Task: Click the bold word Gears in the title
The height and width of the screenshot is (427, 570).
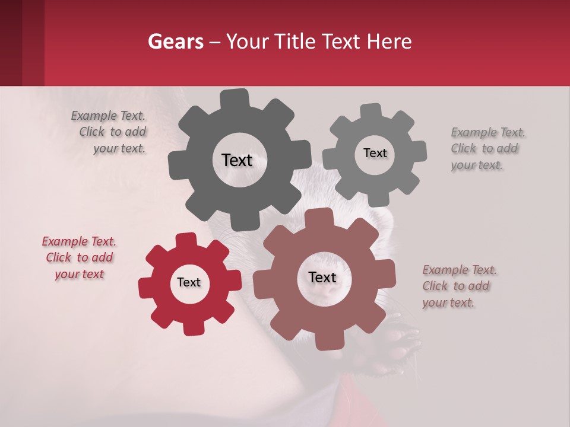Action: (176, 42)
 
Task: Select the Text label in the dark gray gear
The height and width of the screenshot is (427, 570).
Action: (237, 160)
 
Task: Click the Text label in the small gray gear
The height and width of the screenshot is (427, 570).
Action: (375, 153)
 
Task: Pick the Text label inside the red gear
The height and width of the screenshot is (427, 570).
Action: (189, 283)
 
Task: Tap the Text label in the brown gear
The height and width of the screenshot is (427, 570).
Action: (322, 278)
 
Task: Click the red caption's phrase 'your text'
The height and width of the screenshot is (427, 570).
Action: (80, 274)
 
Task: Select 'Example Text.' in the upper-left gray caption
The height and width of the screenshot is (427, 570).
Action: (108, 116)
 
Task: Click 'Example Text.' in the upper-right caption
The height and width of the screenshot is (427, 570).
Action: (488, 132)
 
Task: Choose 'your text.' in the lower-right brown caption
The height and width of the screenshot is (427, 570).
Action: (448, 302)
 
